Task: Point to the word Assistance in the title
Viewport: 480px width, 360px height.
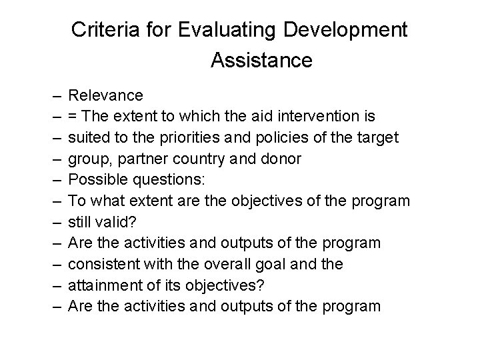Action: [261, 61]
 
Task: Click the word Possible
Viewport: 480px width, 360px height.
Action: [95, 180]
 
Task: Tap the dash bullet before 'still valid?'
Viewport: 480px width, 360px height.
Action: [53, 221]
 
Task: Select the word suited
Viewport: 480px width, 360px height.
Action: [87, 137]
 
